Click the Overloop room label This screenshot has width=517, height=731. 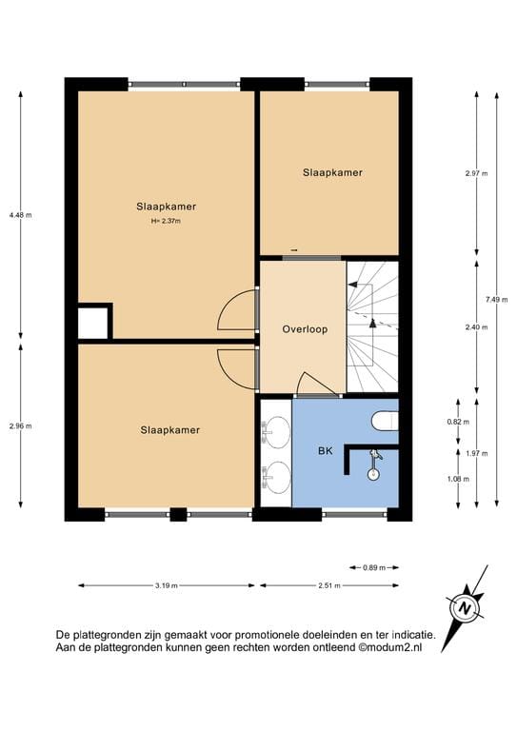pos(305,329)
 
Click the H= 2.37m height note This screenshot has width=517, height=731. pos(166,221)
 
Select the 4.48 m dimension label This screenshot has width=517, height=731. pos(20,215)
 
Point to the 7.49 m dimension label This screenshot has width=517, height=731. pos(493,300)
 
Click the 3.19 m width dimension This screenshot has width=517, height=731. pos(167,585)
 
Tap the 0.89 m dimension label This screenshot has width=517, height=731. pos(374,567)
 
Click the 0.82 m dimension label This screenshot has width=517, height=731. pos(459,421)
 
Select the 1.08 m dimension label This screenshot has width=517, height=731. pos(459,479)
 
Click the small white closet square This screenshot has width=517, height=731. pos(92,323)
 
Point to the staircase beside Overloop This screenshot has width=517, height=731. pos(372,326)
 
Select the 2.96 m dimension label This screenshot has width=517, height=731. pos(20,425)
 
